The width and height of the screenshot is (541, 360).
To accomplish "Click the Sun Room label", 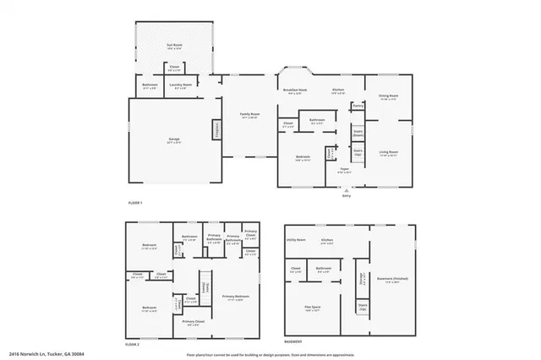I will pos(174,46).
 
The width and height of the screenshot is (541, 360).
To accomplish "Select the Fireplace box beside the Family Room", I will pos(216,130).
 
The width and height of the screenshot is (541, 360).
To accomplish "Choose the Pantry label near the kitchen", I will pos(358,106).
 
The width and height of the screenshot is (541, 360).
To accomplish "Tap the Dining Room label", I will pos(389,97).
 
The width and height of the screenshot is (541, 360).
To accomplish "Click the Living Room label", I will pos(389,153).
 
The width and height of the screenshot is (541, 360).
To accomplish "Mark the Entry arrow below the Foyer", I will pos(346,189).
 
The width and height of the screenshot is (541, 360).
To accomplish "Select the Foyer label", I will pos(345,170).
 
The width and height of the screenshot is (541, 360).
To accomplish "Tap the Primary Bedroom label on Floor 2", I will pos(236,297).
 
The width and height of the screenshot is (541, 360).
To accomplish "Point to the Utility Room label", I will pos(295,240).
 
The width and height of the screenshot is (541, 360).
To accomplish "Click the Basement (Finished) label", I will pos(391,281).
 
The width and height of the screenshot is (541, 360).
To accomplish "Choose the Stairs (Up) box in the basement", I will pos(363,308).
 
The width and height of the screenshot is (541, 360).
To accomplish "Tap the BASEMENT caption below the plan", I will pos(292,342).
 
